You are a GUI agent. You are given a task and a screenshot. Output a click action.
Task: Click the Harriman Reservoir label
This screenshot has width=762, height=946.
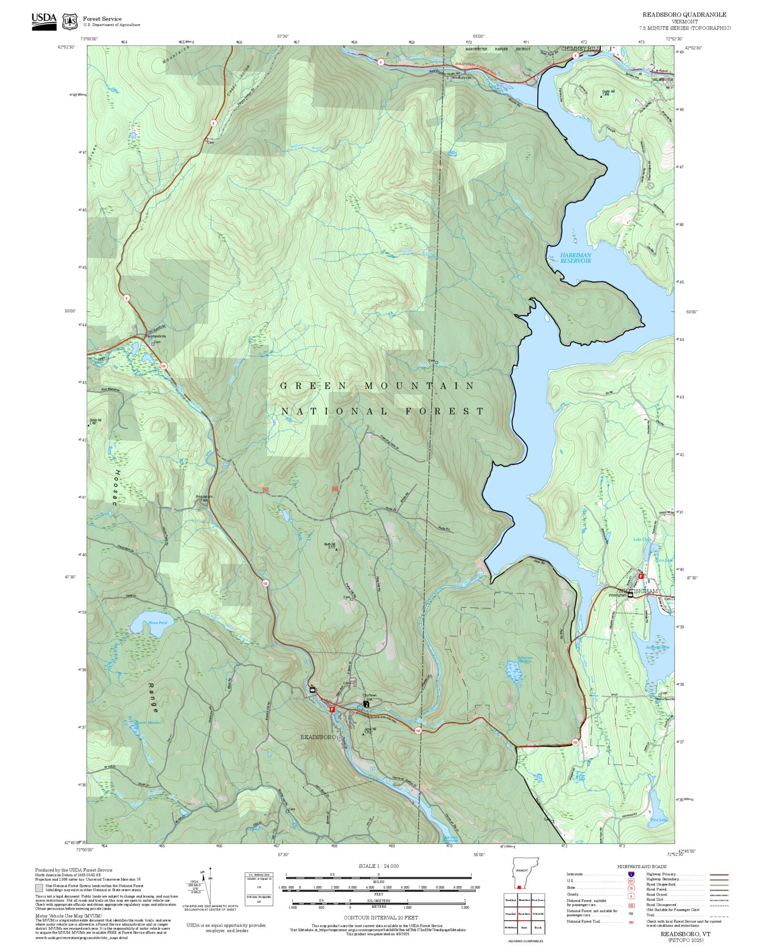(x=575, y=258)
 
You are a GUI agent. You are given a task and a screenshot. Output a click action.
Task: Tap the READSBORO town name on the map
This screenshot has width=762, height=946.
(x=318, y=737)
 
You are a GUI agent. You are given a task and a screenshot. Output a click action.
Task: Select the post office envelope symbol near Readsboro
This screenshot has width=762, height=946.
(x=312, y=689)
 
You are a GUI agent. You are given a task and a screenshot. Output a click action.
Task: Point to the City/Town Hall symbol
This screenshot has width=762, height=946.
(x=366, y=704)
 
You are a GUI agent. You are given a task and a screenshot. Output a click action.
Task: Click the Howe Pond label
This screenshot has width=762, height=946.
(x=158, y=623)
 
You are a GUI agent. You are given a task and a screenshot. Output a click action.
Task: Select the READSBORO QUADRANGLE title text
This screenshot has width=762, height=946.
(x=684, y=15)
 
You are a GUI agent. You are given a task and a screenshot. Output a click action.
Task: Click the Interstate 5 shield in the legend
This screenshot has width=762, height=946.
(x=631, y=875)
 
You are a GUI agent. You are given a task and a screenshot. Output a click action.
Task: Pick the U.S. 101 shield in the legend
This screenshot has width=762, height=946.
(x=631, y=881)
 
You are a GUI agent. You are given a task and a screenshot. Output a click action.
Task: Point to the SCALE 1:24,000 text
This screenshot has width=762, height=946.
(x=379, y=866)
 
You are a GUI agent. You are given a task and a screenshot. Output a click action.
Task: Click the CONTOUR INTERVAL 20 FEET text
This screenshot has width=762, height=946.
(x=381, y=917)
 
